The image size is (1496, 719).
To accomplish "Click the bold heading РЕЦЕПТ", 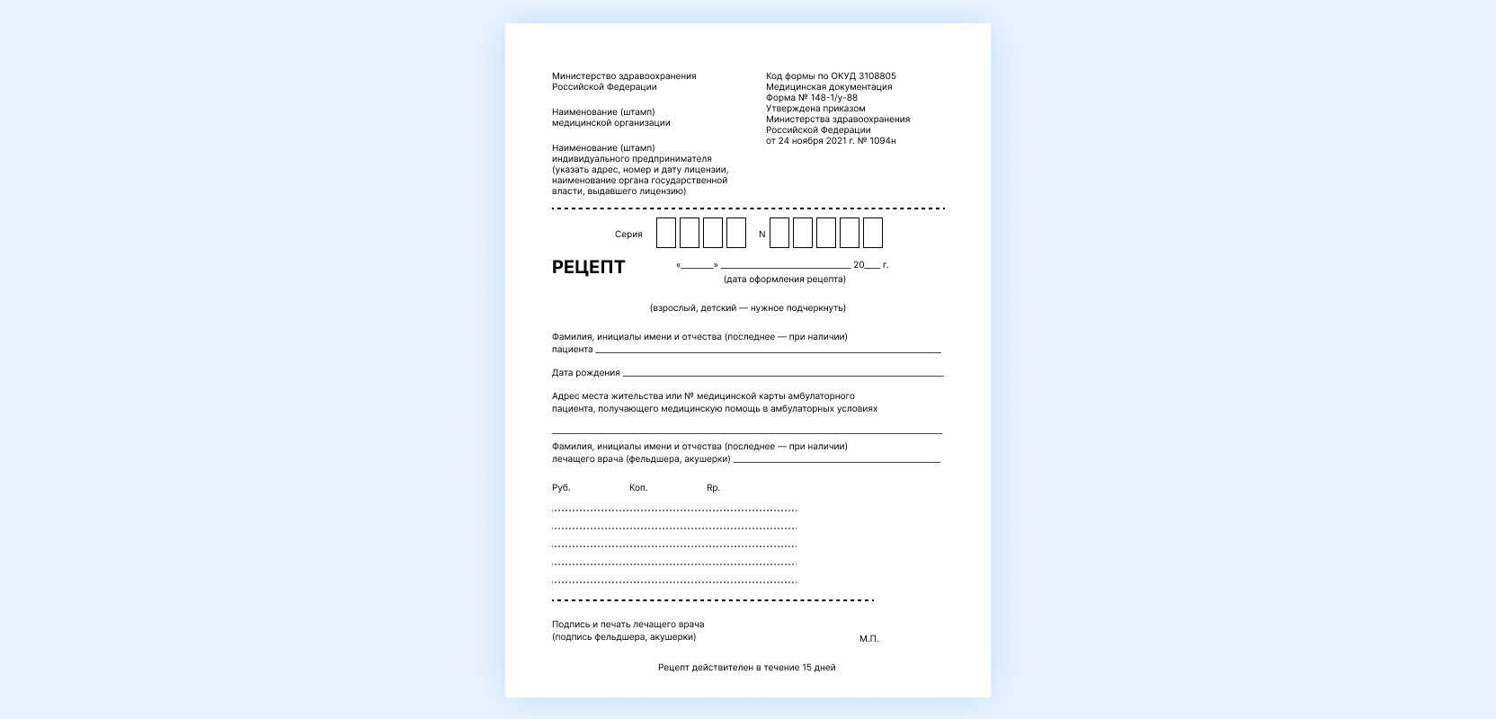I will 588,267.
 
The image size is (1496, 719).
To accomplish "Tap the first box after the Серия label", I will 666,233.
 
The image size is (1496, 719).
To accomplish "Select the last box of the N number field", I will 873,233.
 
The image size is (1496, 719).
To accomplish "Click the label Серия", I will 628,235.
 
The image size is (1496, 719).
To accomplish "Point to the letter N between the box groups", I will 762,235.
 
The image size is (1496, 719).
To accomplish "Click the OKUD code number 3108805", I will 877,76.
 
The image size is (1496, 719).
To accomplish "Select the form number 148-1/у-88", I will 834,98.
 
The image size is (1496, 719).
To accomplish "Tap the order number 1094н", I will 883,141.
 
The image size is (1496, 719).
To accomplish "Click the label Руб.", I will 561,488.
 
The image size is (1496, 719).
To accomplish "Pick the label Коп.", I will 638,488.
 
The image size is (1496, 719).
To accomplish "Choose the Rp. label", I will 713,488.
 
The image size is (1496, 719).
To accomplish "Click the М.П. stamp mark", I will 868,639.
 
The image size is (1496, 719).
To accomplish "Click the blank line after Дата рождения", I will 782,375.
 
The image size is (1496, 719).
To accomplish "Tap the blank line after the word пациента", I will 768,351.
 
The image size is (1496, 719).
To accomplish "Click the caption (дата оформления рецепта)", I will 785,280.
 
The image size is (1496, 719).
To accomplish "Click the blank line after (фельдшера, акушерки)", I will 836,462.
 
